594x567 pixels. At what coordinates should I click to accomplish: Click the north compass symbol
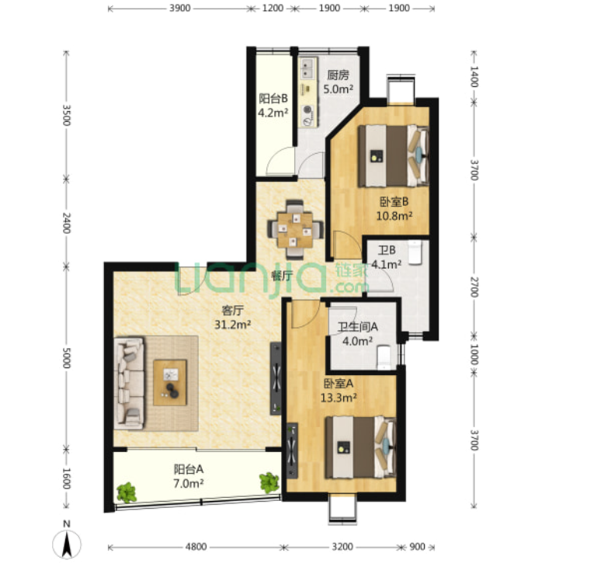pyautogui.click(x=67, y=543)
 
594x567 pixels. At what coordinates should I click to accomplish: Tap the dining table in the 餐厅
pyautogui.click(x=295, y=230)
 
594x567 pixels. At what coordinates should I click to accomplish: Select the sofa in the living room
pyautogui.click(x=130, y=384)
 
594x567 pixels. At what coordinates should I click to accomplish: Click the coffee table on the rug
pyautogui.click(x=170, y=382)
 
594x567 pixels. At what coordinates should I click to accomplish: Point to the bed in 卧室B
pyautogui.click(x=394, y=156)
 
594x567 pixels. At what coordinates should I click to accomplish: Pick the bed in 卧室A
pyautogui.click(x=360, y=447)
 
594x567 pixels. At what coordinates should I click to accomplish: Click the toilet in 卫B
pyautogui.click(x=415, y=252)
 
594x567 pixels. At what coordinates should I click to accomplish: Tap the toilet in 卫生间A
pyautogui.click(x=384, y=357)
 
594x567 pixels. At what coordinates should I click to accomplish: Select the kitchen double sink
pyautogui.click(x=307, y=68)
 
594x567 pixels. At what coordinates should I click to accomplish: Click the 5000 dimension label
pyautogui.click(x=66, y=357)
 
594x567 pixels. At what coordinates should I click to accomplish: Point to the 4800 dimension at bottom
pyautogui.click(x=196, y=547)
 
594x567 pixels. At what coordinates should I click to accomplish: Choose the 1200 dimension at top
pyautogui.click(x=273, y=8)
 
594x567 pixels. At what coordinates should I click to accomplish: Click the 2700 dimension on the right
pyautogui.click(x=474, y=287)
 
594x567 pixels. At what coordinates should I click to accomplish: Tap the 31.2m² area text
pyautogui.click(x=233, y=325)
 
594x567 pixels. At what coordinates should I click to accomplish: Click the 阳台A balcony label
pyautogui.click(x=189, y=469)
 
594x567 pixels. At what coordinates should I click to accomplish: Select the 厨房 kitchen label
pyautogui.click(x=338, y=75)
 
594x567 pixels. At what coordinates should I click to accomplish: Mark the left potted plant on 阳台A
pyautogui.click(x=126, y=492)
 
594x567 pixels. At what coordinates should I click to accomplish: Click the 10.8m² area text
pyautogui.click(x=394, y=216)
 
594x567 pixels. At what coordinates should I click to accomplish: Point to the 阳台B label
pyautogui.click(x=273, y=99)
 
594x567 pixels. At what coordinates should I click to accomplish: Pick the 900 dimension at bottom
pyautogui.click(x=417, y=547)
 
